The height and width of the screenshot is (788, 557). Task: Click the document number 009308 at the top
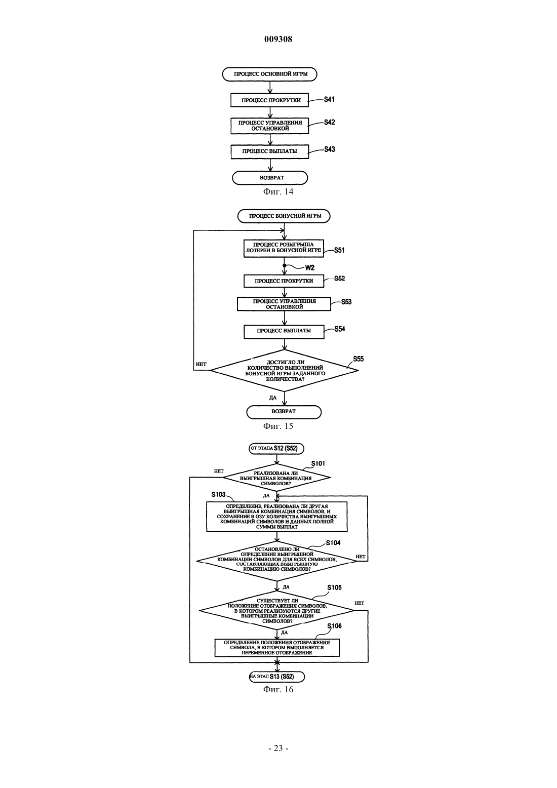(x=278, y=39)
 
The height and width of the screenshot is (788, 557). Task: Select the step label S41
(x=329, y=100)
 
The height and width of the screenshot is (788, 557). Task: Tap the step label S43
(x=330, y=149)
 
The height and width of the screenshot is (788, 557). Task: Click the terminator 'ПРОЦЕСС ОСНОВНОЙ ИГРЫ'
(x=270, y=74)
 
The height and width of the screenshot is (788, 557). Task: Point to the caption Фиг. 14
(x=278, y=192)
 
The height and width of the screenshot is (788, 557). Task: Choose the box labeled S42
(x=270, y=126)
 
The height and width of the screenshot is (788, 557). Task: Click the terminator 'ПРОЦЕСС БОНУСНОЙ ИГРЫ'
(x=284, y=216)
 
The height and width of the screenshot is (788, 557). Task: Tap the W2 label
(x=309, y=268)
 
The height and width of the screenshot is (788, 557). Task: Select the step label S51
(x=339, y=250)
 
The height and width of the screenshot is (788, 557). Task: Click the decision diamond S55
(x=284, y=370)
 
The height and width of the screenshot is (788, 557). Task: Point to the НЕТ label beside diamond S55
(x=201, y=365)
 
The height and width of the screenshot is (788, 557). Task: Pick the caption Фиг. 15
(x=278, y=426)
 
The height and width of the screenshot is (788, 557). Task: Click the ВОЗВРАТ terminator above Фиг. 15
(x=284, y=412)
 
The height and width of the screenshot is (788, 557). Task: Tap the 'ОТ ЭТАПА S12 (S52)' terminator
(x=276, y=449)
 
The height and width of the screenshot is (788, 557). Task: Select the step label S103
(x=218, y=495)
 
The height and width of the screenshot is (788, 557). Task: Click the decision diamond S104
(x=277, y=561)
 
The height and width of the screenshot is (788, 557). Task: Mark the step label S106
(x=334, y=626)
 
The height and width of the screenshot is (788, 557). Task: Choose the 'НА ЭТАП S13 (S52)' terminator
(x=277, y=677)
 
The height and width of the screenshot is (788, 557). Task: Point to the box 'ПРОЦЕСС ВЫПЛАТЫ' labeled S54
(x=284, y=331)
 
